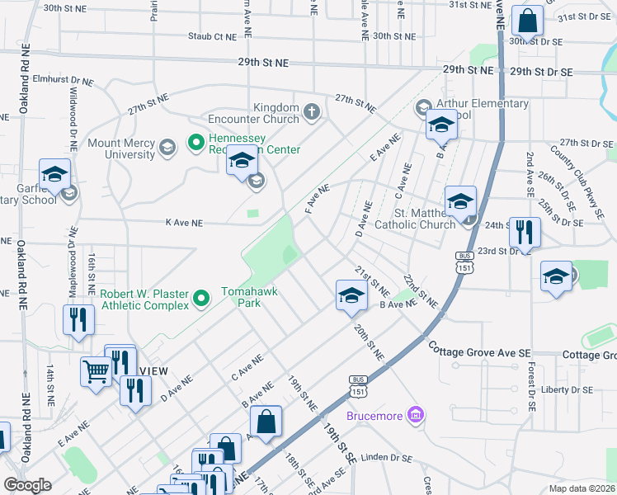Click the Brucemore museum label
pos(375,415)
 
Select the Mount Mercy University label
pos(121,148)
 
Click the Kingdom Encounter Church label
pos(276,113)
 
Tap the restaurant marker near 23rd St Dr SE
pos(525,233)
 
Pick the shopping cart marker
pos(96,371)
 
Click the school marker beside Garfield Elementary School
pos(55,175)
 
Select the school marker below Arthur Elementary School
pos(441,125)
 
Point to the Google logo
pos(27,485)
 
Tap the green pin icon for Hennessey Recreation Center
pos(195,143)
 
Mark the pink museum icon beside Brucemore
pos(416,414)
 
